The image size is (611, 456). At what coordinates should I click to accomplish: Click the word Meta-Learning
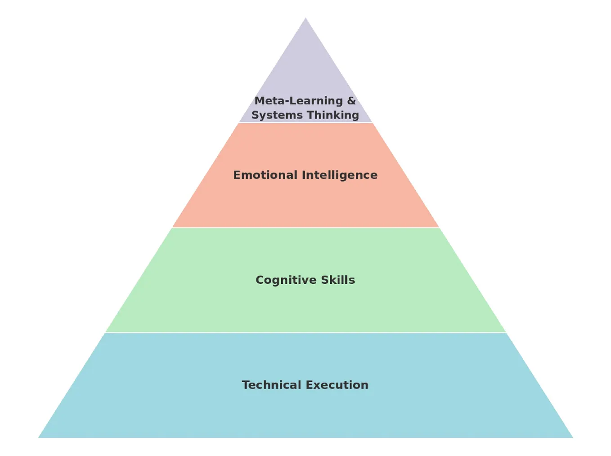pyautogui.click(x=298, y=101)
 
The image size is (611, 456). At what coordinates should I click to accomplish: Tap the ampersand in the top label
pyautogui.click(x=351, y=101)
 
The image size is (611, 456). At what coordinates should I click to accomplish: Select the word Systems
pyautogui.click(x=277, y=115)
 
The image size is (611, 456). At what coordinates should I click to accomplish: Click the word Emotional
pyautogui.click(x=265, y=175)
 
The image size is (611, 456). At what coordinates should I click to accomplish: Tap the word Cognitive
pyautogui.click(x=286, y=280)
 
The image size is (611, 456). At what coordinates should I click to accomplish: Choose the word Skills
pyautogui.click(x=338, y=280)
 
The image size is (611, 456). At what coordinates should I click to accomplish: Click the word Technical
pyautogui.click(x=271, y=385)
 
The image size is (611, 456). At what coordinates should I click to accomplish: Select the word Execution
pyautogui.click(x=337, y=385)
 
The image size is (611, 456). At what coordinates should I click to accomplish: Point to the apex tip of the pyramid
pyautogui.click(x=305, y=18)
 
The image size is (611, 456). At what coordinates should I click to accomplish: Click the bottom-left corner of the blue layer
pyautogui.click(x=40, y=437)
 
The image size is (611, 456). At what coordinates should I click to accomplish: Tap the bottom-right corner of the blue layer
pyautogui.click(x=572, y=437)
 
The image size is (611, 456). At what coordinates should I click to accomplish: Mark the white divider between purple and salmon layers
pyautogui.click(x=305, y=123)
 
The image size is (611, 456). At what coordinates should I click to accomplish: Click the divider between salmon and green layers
pyautogui.click(x=305, y=228)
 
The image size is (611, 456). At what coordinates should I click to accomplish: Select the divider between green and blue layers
pyautogui.click(x=305, y=333)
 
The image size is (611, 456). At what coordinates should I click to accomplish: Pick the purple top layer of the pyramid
pyautogui.click(x=305, y=72)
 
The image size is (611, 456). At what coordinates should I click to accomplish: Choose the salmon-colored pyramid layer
pyautogui.click(x=305, y=202)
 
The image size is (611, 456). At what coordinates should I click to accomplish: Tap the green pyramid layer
pyautogui.click(x=305, y=306)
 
